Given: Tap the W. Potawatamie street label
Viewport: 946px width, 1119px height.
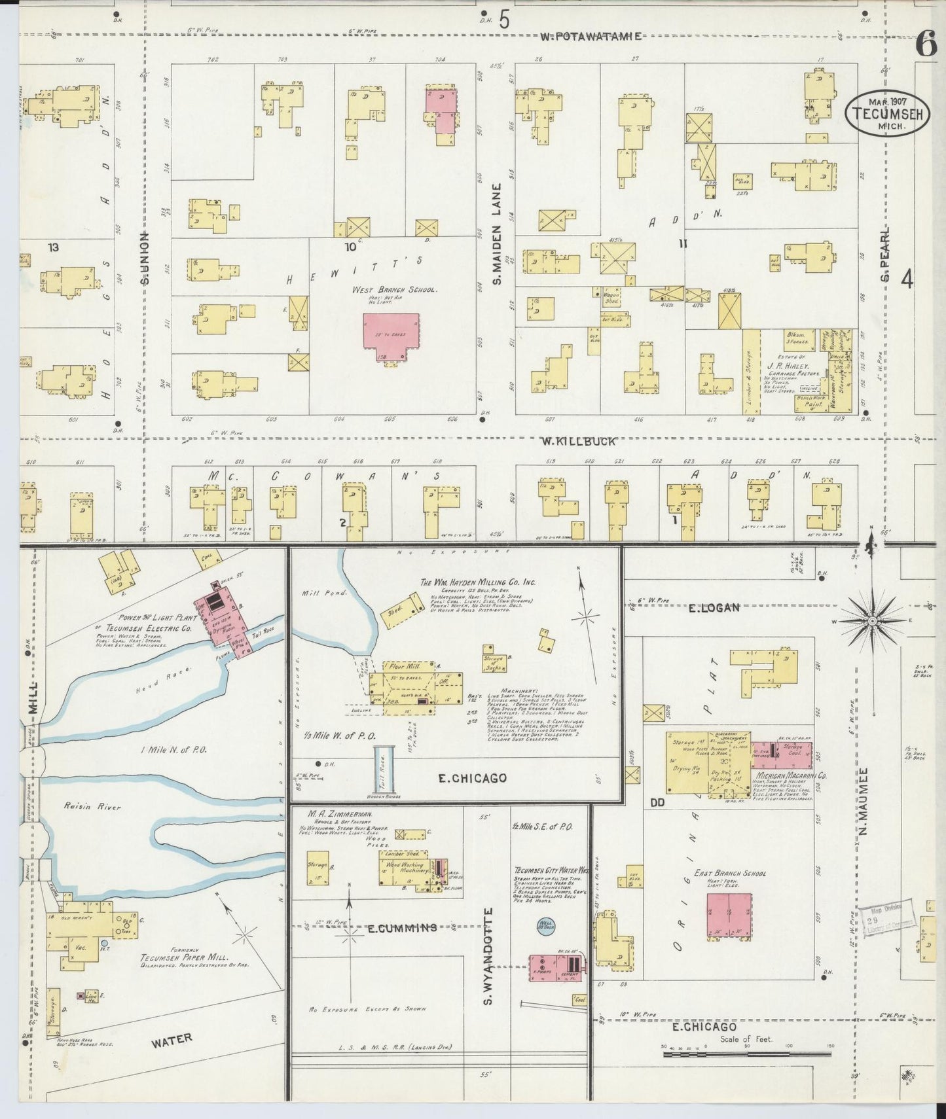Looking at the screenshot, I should (x=591, y=37).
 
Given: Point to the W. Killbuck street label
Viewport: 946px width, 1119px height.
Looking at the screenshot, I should (x=578, y=441).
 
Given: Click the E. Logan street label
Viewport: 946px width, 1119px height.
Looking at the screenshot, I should (x=713, y=607).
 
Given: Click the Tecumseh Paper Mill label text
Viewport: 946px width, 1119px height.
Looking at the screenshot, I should (x=185, y=958).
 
